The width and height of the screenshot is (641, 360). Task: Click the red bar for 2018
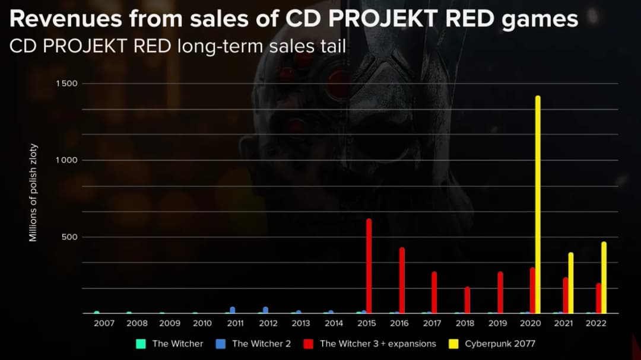467,300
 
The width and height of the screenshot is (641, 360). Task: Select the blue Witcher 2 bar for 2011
233,310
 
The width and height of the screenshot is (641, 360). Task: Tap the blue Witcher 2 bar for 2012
265,310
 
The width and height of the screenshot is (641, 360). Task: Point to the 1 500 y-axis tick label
67,84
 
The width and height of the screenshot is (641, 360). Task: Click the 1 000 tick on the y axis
67,160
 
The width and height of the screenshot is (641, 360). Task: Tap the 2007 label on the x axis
104,324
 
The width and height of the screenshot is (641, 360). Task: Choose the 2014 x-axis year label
334,324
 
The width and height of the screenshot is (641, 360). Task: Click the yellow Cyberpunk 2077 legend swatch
453,344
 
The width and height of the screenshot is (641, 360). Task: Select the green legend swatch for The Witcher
141,344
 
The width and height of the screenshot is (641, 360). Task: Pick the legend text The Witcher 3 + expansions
377,344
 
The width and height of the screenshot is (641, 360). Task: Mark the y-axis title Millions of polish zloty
33,193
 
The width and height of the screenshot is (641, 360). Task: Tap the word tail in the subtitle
332,46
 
